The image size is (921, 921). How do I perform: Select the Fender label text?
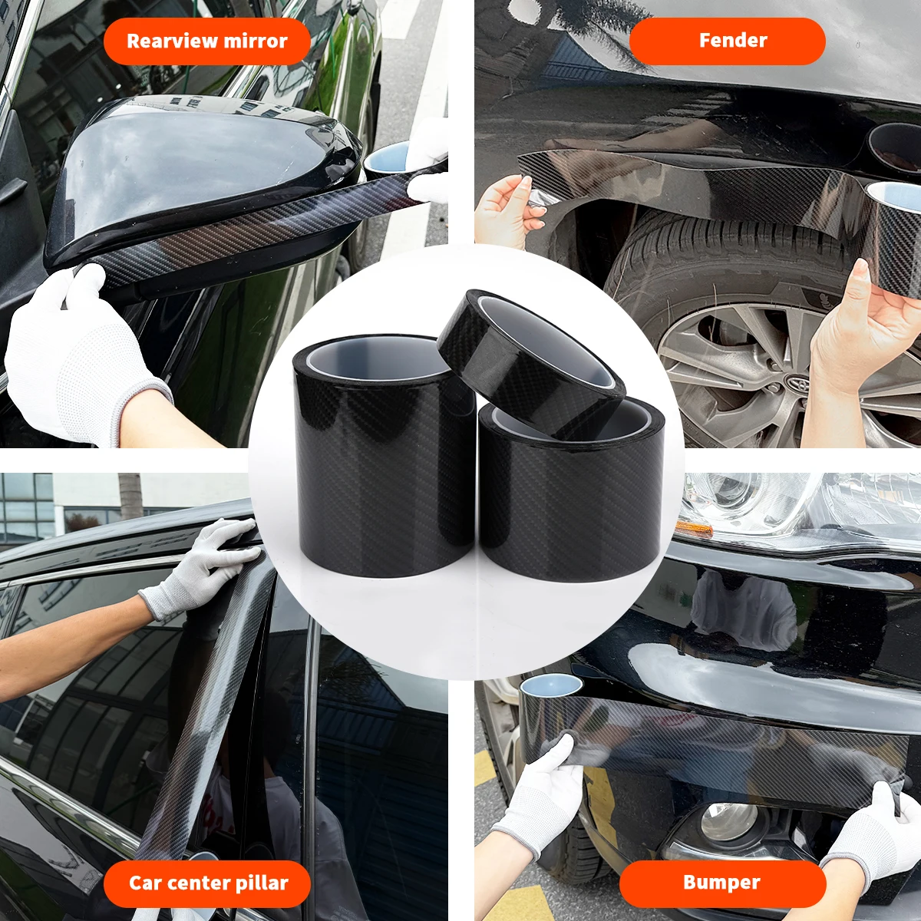pos(733,40)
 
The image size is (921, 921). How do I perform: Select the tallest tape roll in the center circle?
pos(382,454)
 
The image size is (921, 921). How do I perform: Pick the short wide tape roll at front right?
pos(573,492)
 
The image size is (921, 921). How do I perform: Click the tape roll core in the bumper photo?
pos(551,687)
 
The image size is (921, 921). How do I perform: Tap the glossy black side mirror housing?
pos(201,177)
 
